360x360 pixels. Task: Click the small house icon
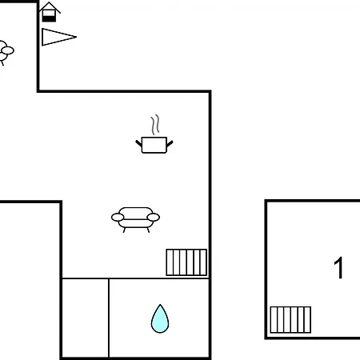click(50, 12)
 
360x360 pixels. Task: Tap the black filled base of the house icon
click(49, 18)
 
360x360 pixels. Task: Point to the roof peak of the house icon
click(49, 2)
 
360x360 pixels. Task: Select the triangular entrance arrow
click(58, 37)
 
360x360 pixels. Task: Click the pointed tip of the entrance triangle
click(76, 37)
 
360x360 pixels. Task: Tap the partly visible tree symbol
click(6, 52)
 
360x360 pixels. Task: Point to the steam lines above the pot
click(155, 125)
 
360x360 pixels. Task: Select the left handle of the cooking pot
click(138, 143)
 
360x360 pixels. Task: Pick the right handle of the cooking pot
click(170, 144)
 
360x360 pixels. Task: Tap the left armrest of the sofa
click(118, 218)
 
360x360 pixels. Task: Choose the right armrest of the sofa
click(154, 218)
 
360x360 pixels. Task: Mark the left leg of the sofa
click(124, 230)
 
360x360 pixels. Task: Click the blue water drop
click(160, 318)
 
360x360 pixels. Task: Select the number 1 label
click(338, 268)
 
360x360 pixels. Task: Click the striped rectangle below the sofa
click(186, 262)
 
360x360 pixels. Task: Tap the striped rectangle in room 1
click(290, 320)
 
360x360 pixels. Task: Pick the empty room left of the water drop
click(86, 318)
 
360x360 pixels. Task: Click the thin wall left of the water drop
click(109, 318)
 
